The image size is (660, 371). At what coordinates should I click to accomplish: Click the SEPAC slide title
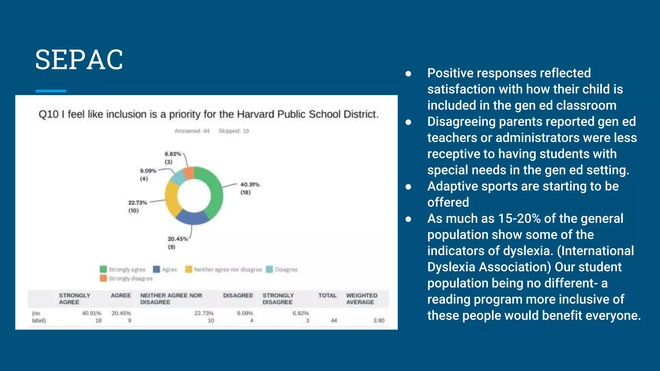(x=79, y=60)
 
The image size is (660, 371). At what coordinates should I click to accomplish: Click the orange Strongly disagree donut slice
(x=189, y=173)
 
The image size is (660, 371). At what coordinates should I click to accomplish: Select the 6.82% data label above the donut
(x=173, y=154)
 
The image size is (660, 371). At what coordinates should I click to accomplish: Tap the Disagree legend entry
(x=282, y=270)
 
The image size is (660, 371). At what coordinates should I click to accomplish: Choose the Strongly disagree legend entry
(x=126, y=279)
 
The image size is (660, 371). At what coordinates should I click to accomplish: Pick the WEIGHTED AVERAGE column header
(x=361, y=299)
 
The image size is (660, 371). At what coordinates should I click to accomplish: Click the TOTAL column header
(x=327, y=296)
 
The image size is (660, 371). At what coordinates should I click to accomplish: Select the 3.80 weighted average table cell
(x=379, y=320)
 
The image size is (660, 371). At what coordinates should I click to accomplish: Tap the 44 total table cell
(x=334, y=320)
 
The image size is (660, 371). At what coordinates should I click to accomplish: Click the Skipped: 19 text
(x=234, y=131)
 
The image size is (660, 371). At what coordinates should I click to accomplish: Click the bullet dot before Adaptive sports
(x=408, y=187)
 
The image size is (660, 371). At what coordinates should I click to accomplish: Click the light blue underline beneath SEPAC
(x=51, y=91)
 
